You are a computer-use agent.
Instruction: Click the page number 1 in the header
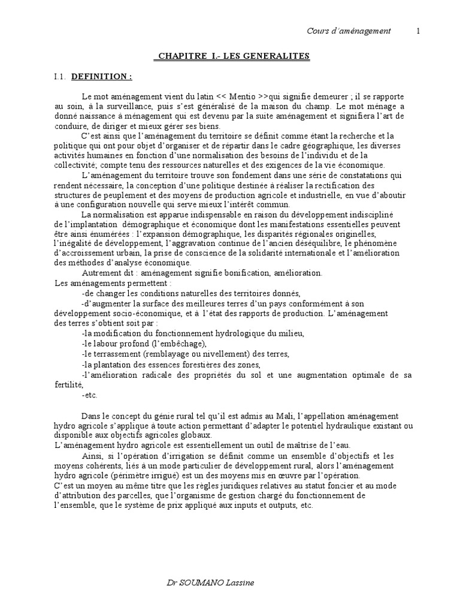[417, 31]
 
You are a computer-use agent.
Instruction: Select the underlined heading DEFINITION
[101, 77]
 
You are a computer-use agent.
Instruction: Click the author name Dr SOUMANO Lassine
[214, 583]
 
